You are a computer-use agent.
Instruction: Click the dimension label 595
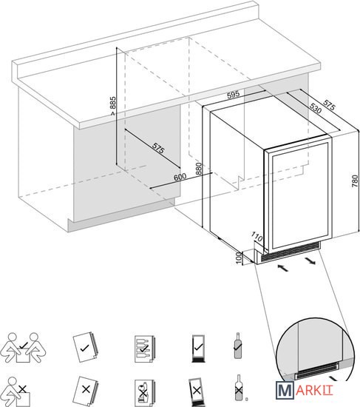click(233, 95)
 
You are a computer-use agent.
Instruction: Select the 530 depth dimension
click(316, 108)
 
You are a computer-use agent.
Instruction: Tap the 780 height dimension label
click(355, 181)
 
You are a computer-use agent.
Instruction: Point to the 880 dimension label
click(199, 169)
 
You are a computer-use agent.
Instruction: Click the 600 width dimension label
click(180, 177)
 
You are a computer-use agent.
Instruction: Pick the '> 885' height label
click(112, 106)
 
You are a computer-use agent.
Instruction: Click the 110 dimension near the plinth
click(257, 237)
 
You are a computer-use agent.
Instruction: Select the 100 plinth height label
click(239, 258)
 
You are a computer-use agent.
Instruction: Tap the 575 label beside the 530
click(330, 105)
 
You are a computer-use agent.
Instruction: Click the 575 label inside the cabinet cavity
click(158, 148)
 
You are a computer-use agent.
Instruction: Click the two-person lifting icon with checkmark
click(24, 348)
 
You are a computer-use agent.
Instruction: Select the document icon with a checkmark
click(85, 348)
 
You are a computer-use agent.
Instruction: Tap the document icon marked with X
click(86, 389)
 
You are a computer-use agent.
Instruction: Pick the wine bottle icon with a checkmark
click(237, 346)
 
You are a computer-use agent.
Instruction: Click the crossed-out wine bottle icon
click(239, 388)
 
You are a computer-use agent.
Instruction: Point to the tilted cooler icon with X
click(197, 391)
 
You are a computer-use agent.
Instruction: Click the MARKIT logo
click(304, 389)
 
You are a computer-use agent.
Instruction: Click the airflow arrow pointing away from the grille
click(310, 261)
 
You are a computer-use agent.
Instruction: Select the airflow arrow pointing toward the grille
click(282, 268)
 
